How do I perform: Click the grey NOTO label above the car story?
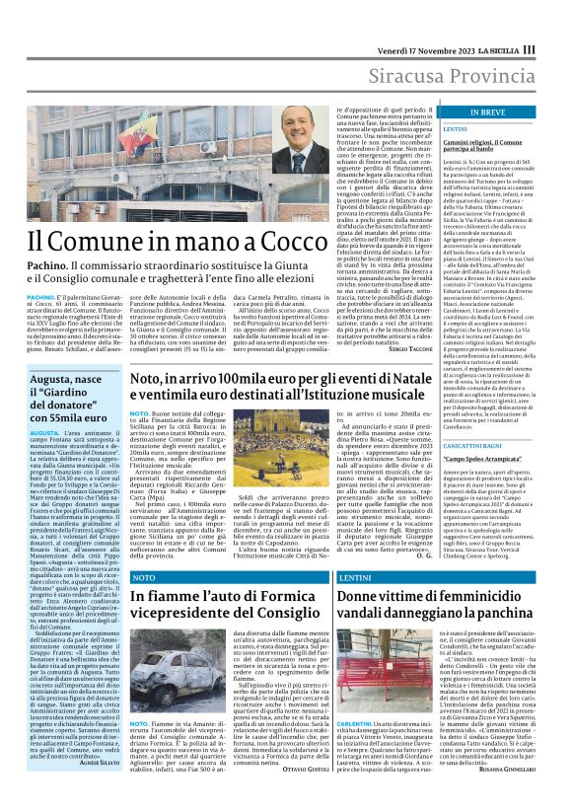(146, 576)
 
